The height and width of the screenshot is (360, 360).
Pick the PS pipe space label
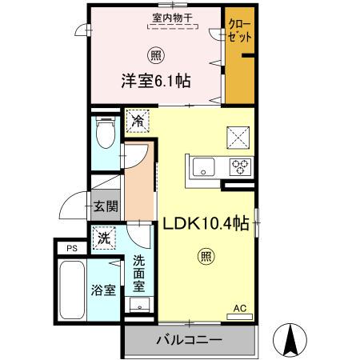tap(71, 248)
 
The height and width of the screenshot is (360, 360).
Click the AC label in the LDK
tap(239, 308)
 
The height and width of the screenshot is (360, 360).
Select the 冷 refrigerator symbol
tap(137, 121)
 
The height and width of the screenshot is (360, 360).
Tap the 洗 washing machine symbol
tap(104, 237)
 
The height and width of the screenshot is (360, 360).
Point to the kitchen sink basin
tap(202, 167)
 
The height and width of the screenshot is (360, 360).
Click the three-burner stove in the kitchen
tap(239, 167)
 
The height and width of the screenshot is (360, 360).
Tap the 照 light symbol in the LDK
tap(205, 258)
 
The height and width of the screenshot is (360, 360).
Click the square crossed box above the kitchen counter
tap(238, 137)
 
